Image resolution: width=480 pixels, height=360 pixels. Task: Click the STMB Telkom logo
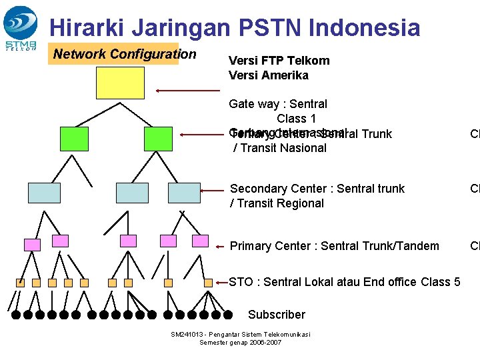pyautogui.click(x=21, y=28)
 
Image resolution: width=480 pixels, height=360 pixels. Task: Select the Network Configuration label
pyautogui.click(x=125, y=54)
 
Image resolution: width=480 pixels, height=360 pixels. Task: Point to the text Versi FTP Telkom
pyautogui.click(x=279, y=61)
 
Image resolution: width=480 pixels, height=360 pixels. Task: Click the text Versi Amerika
pyautogui.click(x=269, y=75)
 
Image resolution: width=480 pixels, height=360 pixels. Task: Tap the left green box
pyautogui.click(x=73, y=138)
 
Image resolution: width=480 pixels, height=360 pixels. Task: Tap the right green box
pyautogui.click(x=158, y=138)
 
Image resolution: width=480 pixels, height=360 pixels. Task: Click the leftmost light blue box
pyautogui.click(x=44, y=192)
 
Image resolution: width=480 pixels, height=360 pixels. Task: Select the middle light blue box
pyautogui.click(x=132, y=192)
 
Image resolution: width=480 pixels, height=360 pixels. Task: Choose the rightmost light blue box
pyautogui.click(x=184, y=192)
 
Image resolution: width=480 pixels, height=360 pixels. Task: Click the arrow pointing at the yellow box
pyautogui.click(x=187, y=89)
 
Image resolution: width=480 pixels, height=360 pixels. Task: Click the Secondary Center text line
pyautogui.click(x=317, y=189)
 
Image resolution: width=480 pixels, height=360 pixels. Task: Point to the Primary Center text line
pyautogui.click(x=335, y=246)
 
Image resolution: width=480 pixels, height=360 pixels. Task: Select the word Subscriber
pyautogui.click(x=276, y=315)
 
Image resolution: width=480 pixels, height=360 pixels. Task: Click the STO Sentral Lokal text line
pyautogui.click(x=345, y=282)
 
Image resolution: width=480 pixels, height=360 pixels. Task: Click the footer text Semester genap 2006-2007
pyautogui.click(x=241, y=343)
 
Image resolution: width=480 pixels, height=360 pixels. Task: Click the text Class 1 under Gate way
pyautogui.click(x=297, y=119)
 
